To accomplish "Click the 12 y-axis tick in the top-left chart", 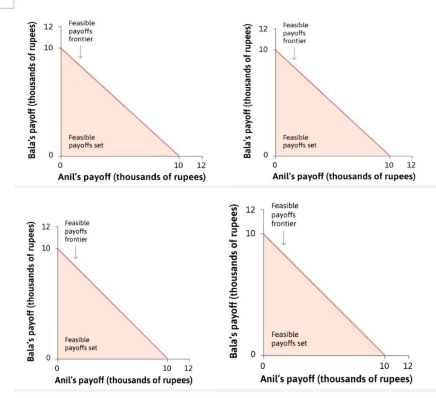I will click(x=49, y=27).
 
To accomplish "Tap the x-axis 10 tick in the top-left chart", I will click(x=178, y=165).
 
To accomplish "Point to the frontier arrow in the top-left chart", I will click(x=80, y=52).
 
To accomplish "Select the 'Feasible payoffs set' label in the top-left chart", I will click(x=86, y=141).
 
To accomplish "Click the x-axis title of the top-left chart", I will click(x=132, y=177).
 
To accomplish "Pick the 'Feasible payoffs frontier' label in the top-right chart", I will click(x=295, y=33).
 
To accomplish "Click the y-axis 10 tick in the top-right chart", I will click(x=264, y=50).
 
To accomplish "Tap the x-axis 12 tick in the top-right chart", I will click(x=411, y=165).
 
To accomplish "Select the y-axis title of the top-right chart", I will click(x=247, y=91).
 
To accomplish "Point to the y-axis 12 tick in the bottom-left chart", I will click(x=46, y=227).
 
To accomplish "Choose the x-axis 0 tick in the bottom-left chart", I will click(x=57, y=368).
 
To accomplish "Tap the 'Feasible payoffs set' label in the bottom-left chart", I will click(x=81, y=344).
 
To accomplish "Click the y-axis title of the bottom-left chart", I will click(x=31, y=292).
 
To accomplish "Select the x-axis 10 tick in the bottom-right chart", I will click(x=384, y=366).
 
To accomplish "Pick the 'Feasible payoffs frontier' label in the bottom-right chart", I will click(x=284, y=215).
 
